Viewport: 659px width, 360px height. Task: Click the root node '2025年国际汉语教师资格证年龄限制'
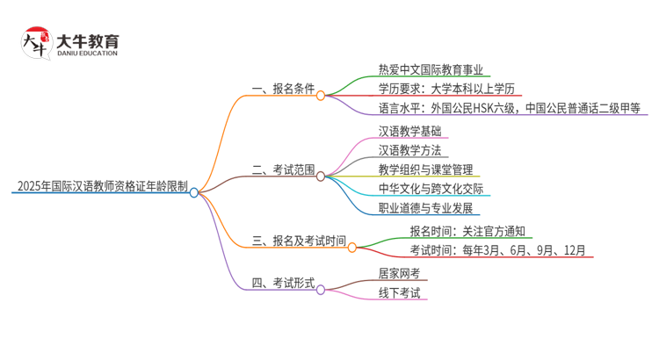(x=101, y=185)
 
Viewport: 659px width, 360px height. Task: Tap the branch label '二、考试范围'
(x=283, y=169)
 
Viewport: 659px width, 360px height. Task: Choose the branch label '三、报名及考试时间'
(x=299, y=241)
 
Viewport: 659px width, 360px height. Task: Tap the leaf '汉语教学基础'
(x=409, y=131)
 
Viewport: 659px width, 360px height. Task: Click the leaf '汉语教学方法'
(x=409, y=150)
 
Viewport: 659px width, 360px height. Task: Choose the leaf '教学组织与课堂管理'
(x=431, y=169)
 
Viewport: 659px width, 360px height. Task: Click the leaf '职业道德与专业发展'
(x=426, y=208)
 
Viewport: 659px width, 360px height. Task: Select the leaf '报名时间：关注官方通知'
(x=467, y=231)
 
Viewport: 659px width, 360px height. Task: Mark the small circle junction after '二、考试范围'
(x=321, y=176)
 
